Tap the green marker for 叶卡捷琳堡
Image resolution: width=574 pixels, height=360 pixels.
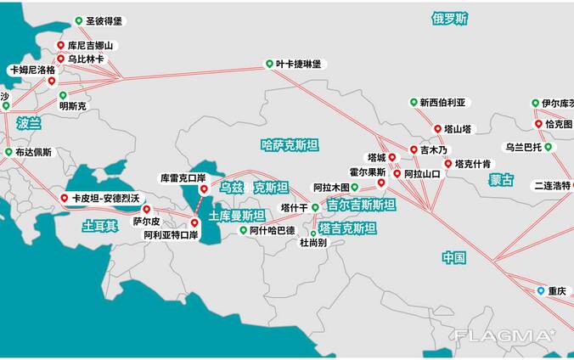click(x=269, y=64)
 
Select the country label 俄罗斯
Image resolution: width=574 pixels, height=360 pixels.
click(x=449, y=18)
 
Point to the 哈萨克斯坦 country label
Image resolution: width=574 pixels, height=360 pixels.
click(x=290, y=145)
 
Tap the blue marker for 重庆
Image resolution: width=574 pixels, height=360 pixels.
click(x=540, y=290)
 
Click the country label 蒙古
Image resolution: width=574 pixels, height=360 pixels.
click(x=502, y=180)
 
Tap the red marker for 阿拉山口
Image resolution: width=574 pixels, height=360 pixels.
click(x=397, y=173)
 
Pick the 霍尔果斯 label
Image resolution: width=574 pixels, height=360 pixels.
click(x=368, y=172)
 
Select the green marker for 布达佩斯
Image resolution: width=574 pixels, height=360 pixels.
click(x=8, y=153)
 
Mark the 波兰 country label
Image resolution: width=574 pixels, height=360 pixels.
click(x=28, y=123)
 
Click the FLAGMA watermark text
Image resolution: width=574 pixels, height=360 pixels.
click(x=504, y=335)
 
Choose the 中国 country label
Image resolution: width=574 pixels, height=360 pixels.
click(x=454, y=257)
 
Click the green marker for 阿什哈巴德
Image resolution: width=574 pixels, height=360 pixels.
click(x=243, y=230)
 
